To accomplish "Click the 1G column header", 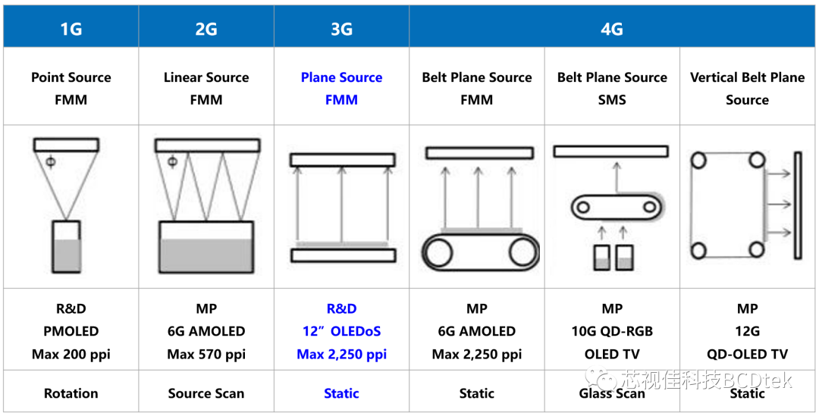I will coord(71,30).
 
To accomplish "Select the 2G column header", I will coord(206,30).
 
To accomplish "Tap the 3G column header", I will coord(341,30).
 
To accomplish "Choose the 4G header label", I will coord(611,30).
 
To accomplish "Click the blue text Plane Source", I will coord(341,77).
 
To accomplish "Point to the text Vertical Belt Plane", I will coord(747,77).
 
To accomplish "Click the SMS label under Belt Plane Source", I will coord(612,99).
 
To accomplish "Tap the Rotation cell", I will coord(71,393).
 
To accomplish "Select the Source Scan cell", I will coord(206,393).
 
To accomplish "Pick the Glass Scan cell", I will coord(612,393).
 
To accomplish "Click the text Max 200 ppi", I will coord(71,354).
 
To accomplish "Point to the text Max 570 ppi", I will coord(206,354).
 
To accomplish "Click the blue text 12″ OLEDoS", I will coord(341,331).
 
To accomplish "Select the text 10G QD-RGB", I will coord(612,331).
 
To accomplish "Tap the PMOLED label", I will coord(71,331).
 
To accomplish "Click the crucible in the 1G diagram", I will coord(66,247).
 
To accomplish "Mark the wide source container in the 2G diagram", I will coord(206,247).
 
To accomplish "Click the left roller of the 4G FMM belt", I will coord(439,251).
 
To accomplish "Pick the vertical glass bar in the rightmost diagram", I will coord(797,205).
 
